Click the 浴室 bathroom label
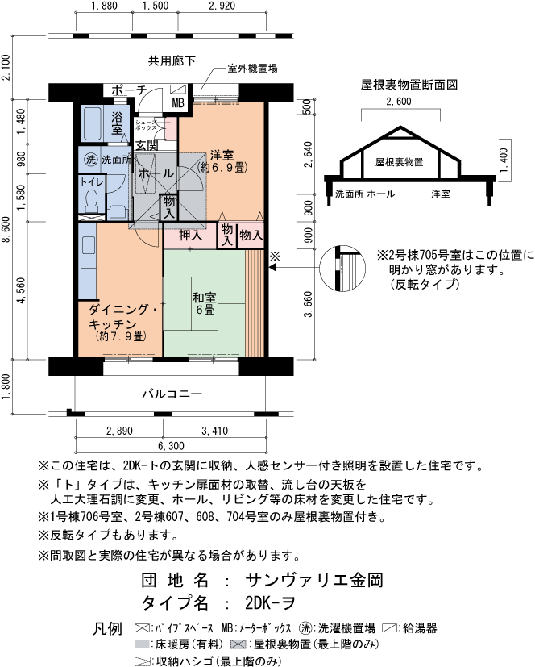pyautogui.click(x=117, y=123)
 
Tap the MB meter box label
pyautogui.click(x=178, y=103)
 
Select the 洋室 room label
pyautogui.click(x=222, y=156)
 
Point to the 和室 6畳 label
pyautogui.click(x=205, y=303)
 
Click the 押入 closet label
pyautogui.click(x=190, y=235)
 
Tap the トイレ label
pyautogui.click(x=92, y=182)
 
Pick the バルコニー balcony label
pyautogui.click(x=172, y=394)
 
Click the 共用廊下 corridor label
pyautogui.click(x=172, y=61)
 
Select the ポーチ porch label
pyautogui.click(x=129, y=90)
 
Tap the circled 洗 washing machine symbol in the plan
pyautogui.click(x=90, y=160)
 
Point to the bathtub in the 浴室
pyautogui.click(x=92, y=123)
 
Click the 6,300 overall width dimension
pyautogui.click(x=171, y=446)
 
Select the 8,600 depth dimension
pyautogui.click(x=6, y=230)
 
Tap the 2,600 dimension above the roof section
pyautogui.click(x=399, y=102)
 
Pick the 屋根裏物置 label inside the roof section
pyautogui.click(x=399, y=162)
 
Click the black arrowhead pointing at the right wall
pyautogui.click(x=273, y=268)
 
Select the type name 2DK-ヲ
pyautogui.click(x=270, y=602)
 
